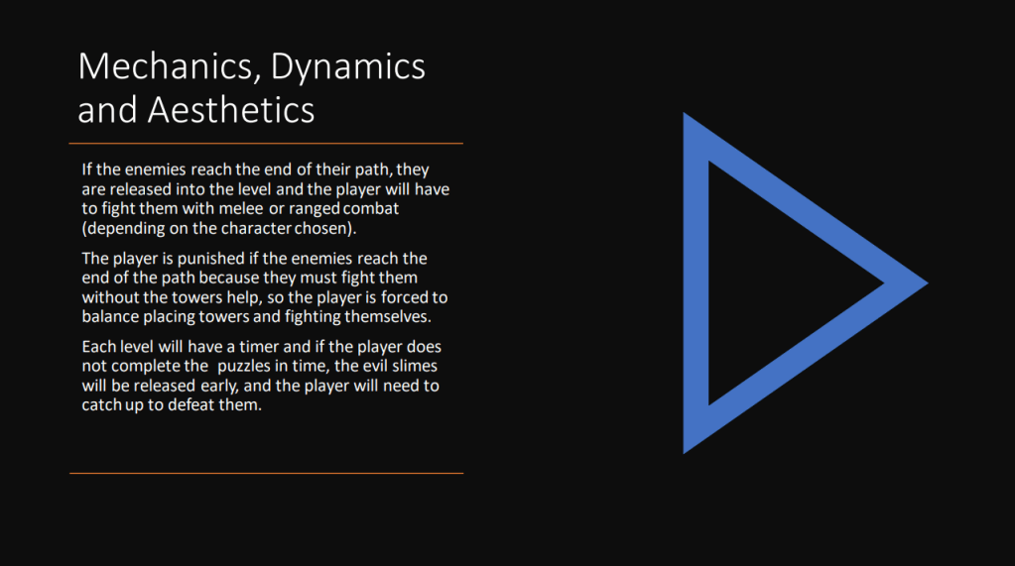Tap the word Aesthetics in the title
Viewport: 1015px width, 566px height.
(x=231, y=109)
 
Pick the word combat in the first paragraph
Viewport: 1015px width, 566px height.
(x=371, y=208)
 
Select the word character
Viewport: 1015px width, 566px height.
(x=256, y=228)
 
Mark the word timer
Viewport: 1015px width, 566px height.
(x=259, y=347)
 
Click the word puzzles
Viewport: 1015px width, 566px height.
(x=244, y=367)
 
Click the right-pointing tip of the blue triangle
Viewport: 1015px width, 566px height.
(x=928, y=283)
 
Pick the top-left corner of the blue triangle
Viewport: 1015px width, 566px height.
(x=685, y=114)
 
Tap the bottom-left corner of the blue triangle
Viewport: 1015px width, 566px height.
(x=685, y=453)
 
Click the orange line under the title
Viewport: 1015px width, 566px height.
(x=266, y=143)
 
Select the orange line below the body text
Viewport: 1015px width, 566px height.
(x=266, y=473)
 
